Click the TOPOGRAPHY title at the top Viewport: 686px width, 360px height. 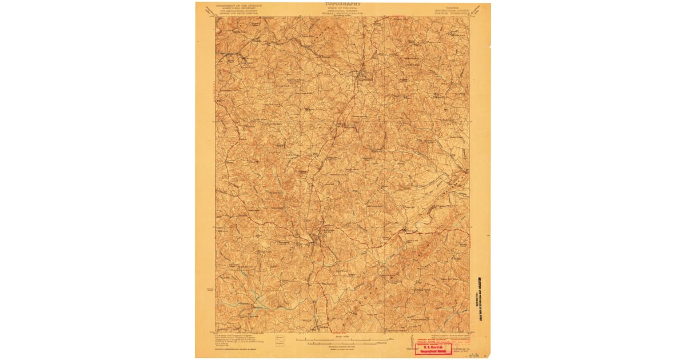tap(342, 3)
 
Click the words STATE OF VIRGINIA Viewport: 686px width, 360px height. tap(342, 7)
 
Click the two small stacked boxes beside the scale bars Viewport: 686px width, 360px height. tap(280, 341)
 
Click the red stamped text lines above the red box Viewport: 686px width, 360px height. tap(440, 338)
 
